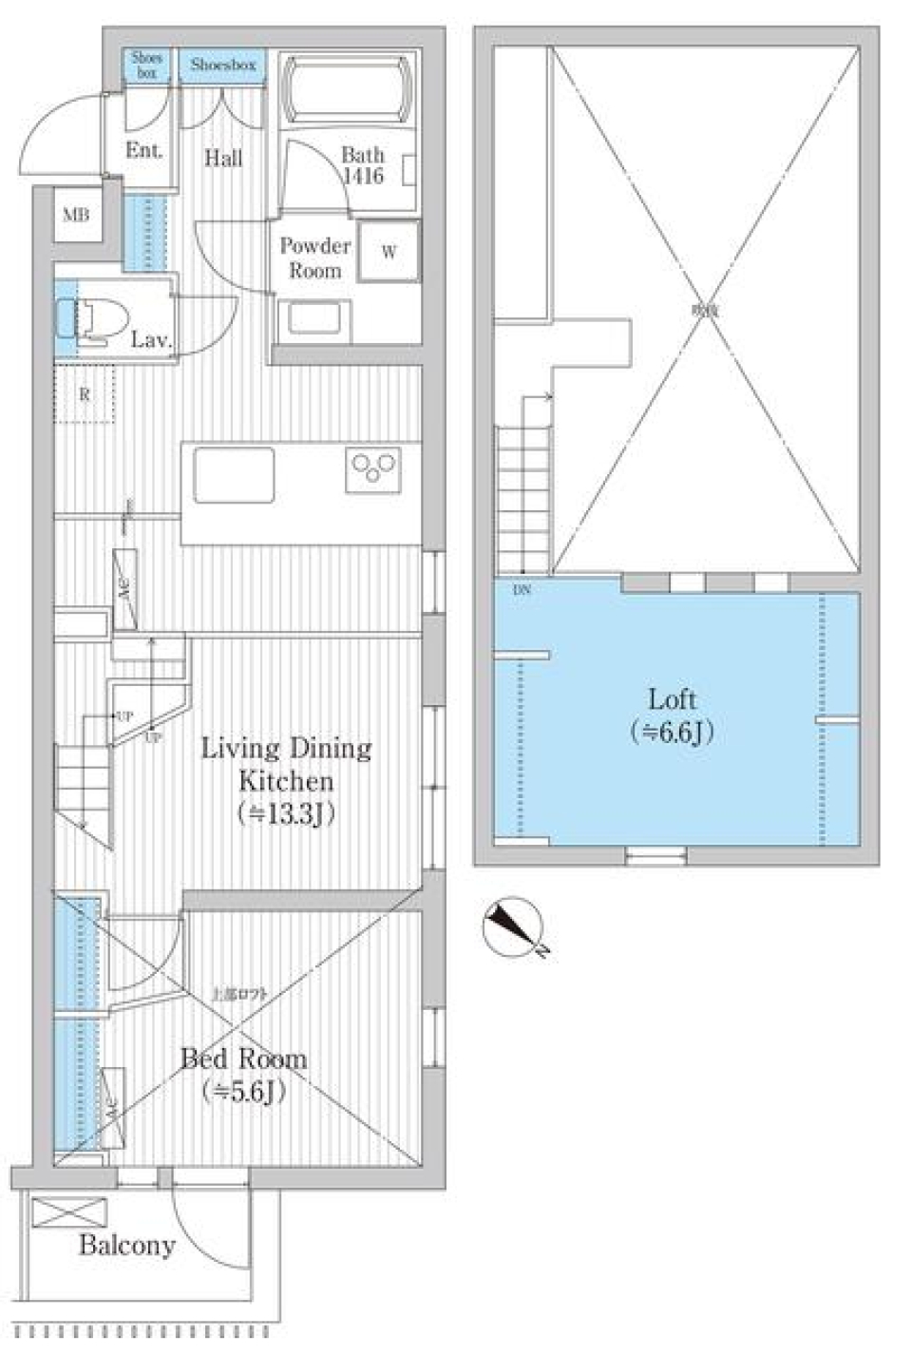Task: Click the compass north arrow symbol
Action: tap(514, 926)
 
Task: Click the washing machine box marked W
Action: tap(389, 252)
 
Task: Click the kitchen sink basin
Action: tap(235, 474)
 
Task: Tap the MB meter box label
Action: tap(76, 216)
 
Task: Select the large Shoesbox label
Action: tap(223, 66)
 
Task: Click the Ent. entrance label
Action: tap(144, 150)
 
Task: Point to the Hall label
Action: tap(223, 158)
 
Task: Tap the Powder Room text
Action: tap(315, 258)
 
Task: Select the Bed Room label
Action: tap(244, 1059)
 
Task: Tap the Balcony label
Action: tap(126, 1245)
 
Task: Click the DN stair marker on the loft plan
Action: tap(522, 590)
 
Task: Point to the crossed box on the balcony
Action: tap(69, 1212)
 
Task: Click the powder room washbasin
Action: tap(314, 317)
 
